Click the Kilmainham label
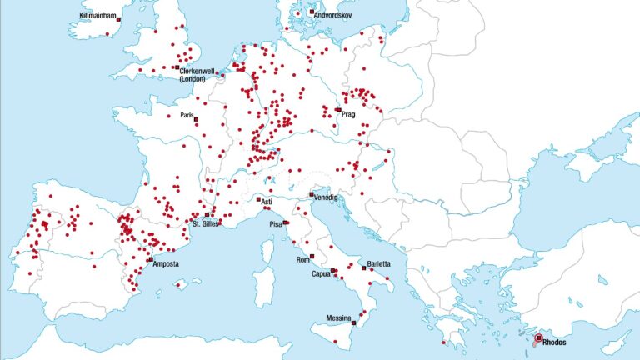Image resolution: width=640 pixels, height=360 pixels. click(98, 16)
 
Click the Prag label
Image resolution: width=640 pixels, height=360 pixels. click(348, 114)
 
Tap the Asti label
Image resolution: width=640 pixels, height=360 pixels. click(267, 202)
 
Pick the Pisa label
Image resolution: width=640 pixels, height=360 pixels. click(276, 224)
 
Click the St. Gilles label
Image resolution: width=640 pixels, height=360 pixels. click(206, 223)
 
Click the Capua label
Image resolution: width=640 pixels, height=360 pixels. click(321, 273)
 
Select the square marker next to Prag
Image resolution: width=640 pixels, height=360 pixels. click(337, 109)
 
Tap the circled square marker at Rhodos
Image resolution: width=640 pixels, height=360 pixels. click(538, 337)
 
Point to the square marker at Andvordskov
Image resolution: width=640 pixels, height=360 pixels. click(311, 12)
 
